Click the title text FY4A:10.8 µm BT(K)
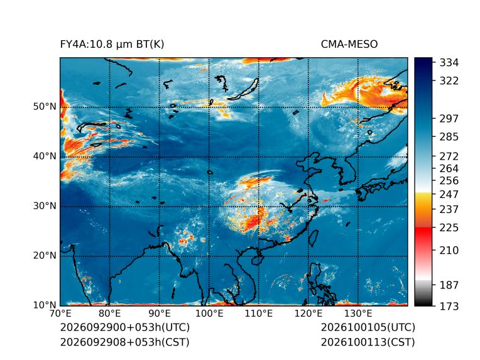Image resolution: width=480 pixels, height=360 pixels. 112,45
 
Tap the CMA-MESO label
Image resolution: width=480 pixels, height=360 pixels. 349,45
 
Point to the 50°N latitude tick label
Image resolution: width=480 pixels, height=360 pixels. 45,107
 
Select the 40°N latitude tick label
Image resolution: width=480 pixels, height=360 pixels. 45,156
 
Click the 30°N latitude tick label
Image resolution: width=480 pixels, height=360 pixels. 45,205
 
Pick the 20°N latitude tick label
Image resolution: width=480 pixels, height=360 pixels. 45,255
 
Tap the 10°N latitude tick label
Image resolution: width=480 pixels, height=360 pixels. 45,305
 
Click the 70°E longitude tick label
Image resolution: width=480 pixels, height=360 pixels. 60,314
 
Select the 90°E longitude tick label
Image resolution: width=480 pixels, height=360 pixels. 159,314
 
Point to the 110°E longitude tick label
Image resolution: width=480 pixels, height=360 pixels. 258,314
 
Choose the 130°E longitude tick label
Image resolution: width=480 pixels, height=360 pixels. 358,314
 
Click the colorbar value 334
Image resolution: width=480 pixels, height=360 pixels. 449,63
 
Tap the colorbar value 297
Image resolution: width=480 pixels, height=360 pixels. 449,119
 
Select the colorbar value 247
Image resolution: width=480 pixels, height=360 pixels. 449,194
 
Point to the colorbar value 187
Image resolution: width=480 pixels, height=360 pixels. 449,285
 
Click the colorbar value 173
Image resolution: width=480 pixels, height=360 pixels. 449,306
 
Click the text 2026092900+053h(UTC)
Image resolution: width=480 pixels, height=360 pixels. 125,327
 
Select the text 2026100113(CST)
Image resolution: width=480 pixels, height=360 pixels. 368,342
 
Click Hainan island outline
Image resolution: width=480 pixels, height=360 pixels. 257,260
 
